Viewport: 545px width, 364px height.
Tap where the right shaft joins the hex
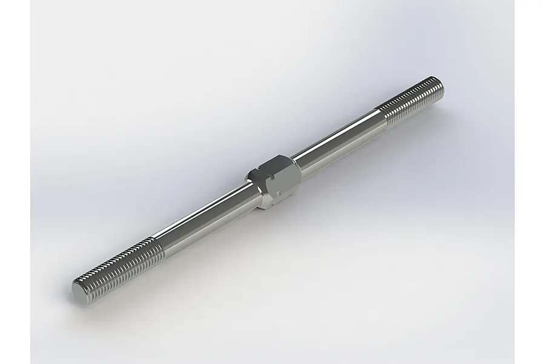[x=300, y=164]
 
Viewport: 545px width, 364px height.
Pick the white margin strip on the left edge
[x=15, y=182]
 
